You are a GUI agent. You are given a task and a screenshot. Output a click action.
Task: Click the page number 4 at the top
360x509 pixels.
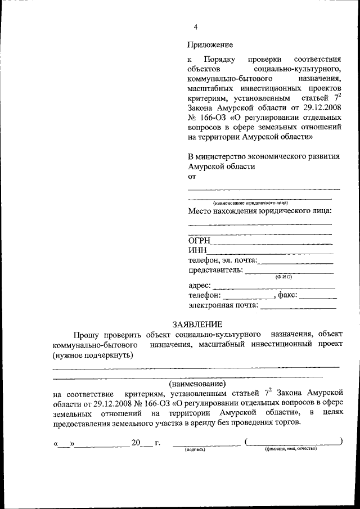[x=196, y=27]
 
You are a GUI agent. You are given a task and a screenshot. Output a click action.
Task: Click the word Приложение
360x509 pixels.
[x=210, y=44]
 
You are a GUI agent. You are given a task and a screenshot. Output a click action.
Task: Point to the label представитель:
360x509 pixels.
[x=215, y=270]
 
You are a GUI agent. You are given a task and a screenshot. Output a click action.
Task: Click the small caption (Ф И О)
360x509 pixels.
[x=283, y=277]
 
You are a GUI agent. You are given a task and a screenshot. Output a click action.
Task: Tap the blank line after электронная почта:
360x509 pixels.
[x=299, y=307]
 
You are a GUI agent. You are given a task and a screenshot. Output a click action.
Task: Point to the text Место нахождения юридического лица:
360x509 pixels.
[x=260, y=211]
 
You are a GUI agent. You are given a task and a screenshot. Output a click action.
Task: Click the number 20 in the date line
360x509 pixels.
[x=136, y=443]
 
